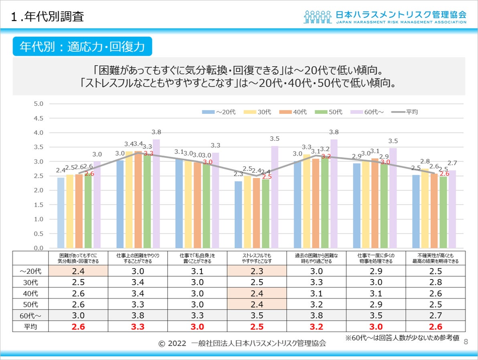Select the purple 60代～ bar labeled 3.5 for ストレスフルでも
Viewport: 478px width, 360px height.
(275, 197)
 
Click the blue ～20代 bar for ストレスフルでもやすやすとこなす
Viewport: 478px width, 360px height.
(238, 214)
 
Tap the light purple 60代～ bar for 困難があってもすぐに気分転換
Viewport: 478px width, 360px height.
(97, 204)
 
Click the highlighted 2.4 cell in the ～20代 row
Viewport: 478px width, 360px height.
(78, 271)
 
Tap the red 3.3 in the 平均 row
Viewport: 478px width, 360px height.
(137, 327)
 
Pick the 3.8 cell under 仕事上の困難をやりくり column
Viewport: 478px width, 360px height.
(137, 316)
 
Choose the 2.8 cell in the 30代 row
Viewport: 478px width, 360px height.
(435, 282)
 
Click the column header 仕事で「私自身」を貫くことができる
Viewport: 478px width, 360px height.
(197, 258)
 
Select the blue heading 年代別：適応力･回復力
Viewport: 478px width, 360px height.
(82, 47)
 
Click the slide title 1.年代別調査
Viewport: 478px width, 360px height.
(48, 17)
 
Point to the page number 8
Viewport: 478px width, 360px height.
(466, 342)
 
